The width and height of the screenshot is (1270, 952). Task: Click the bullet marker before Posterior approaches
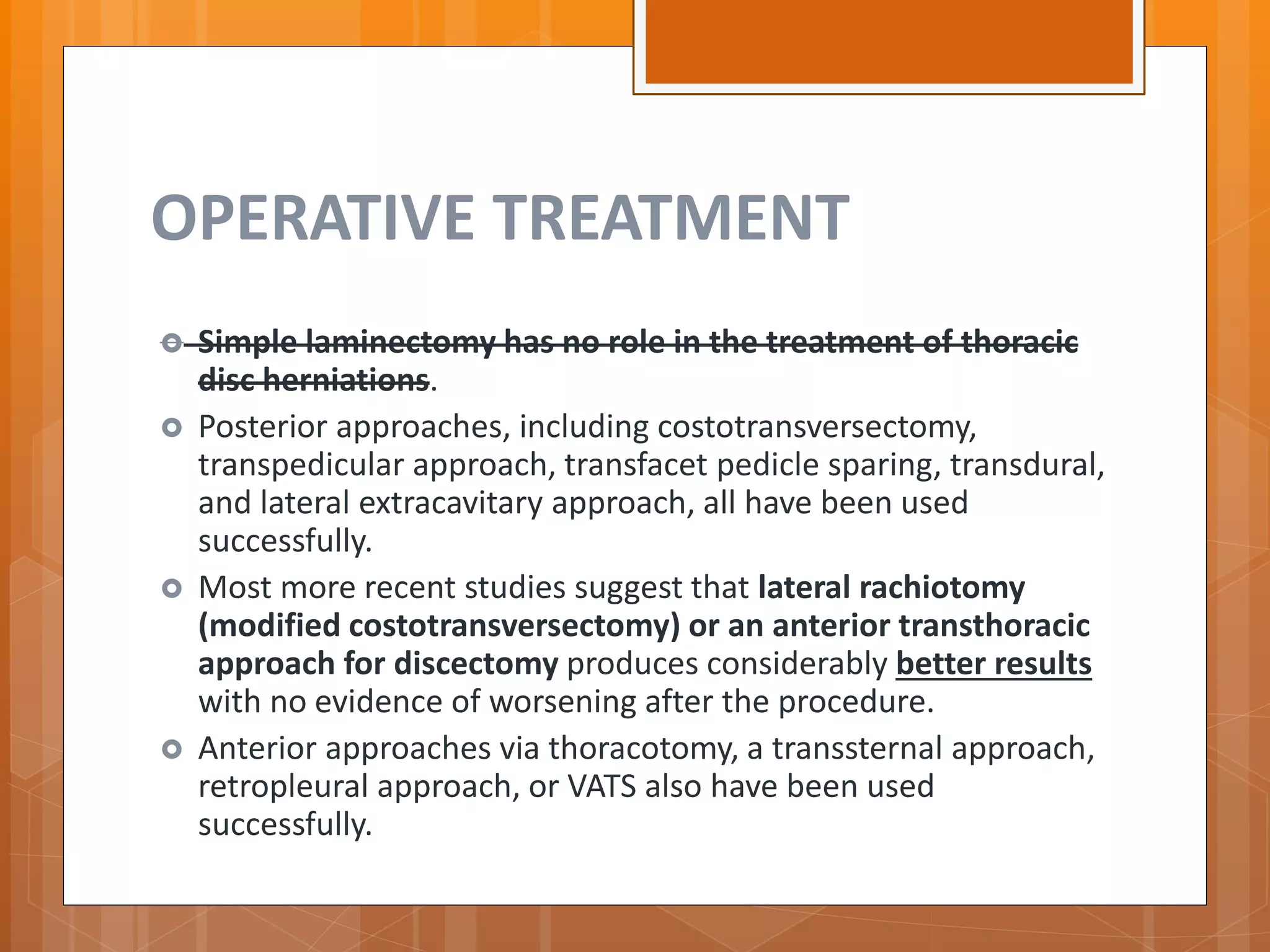(x=172, y=428)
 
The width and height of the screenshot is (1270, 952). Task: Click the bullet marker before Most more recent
(x=172, y=588)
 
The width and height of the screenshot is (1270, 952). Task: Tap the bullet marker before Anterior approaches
(x=172, y=749)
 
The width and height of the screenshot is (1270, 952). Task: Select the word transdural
(x=1026, y=465)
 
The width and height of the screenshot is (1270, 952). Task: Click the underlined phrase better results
(x=993, y=664)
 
